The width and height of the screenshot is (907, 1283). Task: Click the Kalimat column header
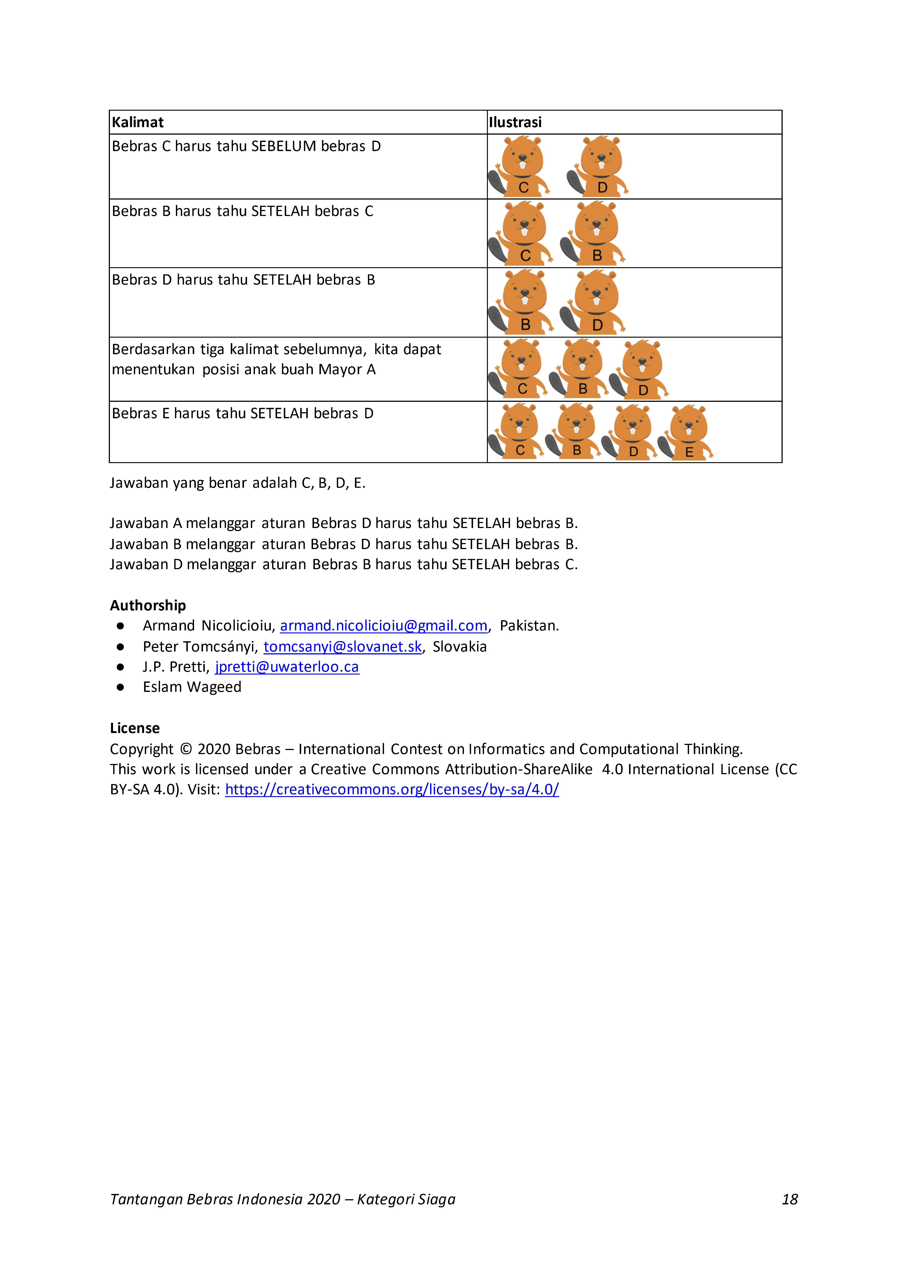(138, 122)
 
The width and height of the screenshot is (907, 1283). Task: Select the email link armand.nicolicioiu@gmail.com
(383, 626)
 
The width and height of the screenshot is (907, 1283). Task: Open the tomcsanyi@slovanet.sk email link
(343, 647)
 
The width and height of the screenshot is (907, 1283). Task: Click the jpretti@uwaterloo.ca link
(287, 667)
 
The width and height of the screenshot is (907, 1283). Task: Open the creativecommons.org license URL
(392, 790)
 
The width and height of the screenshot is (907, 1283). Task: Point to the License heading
(135, 728)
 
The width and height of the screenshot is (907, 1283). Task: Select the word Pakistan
(529, 626)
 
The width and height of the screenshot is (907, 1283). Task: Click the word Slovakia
(459, 647)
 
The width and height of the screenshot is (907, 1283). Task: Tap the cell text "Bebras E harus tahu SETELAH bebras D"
(242, 414)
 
